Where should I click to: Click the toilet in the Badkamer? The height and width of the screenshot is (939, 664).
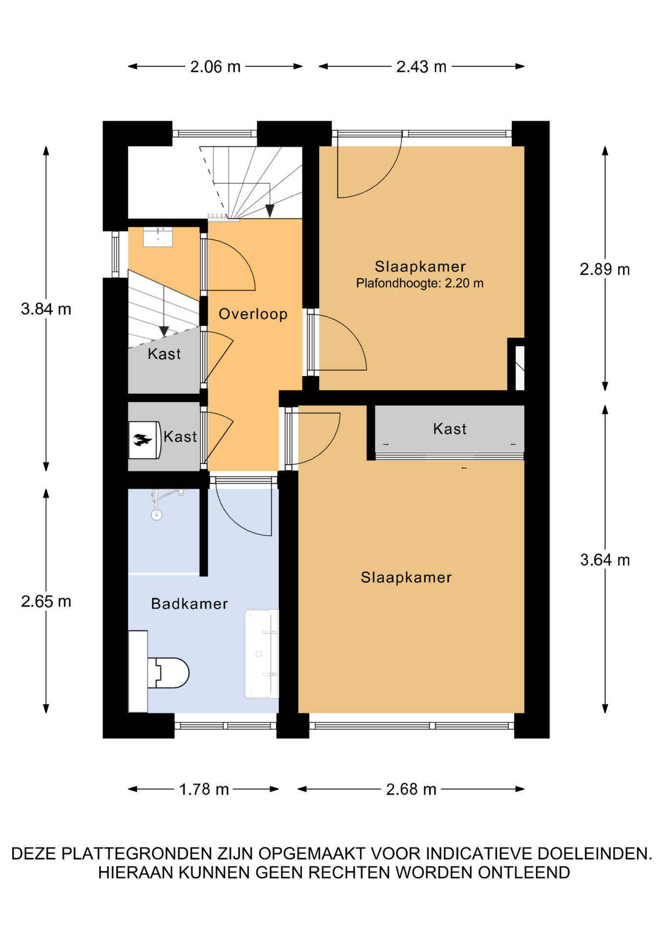(168, 673)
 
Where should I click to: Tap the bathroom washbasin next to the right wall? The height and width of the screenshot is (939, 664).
(261, 653)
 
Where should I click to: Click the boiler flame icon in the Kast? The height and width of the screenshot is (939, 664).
(142, 440)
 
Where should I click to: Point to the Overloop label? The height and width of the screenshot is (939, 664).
(253, 314)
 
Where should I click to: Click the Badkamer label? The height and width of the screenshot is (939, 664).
(189, 604)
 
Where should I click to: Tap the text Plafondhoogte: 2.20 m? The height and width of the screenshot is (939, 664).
(420, 283)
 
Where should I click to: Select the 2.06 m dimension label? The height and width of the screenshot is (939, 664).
(215, 67)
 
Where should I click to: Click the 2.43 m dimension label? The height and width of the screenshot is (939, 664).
(421, 67)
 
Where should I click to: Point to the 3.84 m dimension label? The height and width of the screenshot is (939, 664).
(46, 309)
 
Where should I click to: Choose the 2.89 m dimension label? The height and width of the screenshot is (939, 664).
(605, 269)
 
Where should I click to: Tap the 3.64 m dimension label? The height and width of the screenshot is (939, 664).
(605, 559)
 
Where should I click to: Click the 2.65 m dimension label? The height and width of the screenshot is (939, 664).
(46, 601)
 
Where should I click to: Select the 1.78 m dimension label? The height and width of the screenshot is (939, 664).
(204, 789)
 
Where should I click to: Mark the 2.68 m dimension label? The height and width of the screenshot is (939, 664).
(411, 789)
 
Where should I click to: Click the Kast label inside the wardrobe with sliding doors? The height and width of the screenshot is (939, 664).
(450, 429)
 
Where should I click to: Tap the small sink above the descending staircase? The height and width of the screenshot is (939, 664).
(157, 237)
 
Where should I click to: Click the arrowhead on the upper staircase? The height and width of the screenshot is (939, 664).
(270, 211)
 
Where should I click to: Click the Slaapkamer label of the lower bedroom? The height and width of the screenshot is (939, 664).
(406, 578)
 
